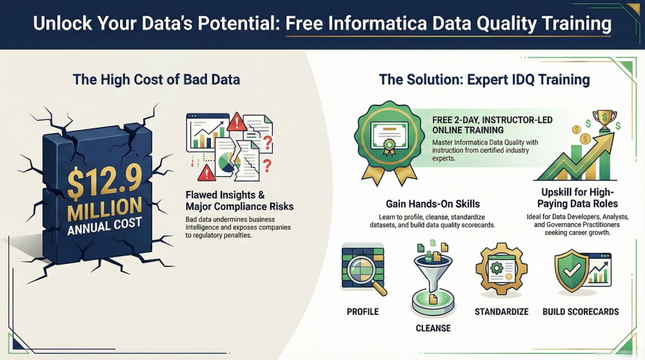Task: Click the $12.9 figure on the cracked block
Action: click(104, 181)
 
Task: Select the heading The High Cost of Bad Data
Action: click(156, 79)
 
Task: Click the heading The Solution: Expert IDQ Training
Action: click(484, 79)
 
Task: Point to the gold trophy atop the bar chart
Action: click(604, 120)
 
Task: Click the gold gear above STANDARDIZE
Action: click(501, 268)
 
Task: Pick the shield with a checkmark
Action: click(571, 271)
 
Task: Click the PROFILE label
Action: click(362, 312)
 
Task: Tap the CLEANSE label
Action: click(433, 328)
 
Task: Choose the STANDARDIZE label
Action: click(501, 312)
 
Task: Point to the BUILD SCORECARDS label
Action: click(580, 312)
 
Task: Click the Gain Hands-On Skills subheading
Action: click(433, 204)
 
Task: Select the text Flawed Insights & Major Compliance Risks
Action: click(239, 201)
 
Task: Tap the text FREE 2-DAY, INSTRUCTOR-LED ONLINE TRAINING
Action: click(492, 125)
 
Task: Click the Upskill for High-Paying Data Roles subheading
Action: click(577, 198)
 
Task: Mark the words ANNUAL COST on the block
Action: click(104, 226)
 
